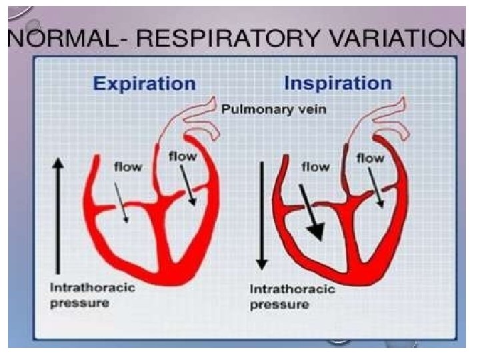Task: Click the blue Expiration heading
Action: pos(144,83)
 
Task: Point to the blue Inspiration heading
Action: pos(337,83)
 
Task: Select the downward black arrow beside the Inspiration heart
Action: pos(263,213)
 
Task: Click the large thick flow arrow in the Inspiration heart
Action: pos(311,213)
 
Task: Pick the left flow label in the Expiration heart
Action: pos(127,167)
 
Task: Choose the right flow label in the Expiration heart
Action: pos(182,157)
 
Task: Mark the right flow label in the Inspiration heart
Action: pos(370,158)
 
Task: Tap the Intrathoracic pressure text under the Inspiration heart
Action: pos(283,297)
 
